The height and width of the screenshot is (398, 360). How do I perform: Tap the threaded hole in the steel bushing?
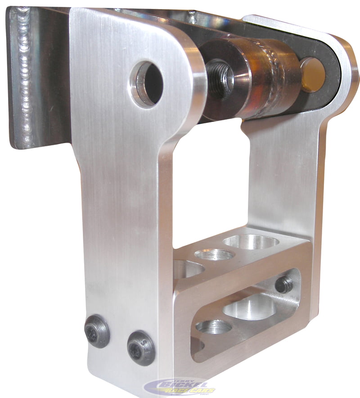point(221,78)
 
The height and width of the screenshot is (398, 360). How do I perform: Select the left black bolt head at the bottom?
point(97,331)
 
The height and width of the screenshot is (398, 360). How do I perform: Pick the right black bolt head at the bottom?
point(140,348)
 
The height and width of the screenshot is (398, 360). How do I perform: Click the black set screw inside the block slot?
point(283,285)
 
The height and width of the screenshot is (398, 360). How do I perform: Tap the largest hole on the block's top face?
point(251,242)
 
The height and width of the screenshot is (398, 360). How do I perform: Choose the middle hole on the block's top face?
point(215,255)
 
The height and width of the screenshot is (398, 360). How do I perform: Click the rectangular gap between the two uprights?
point(211,180)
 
